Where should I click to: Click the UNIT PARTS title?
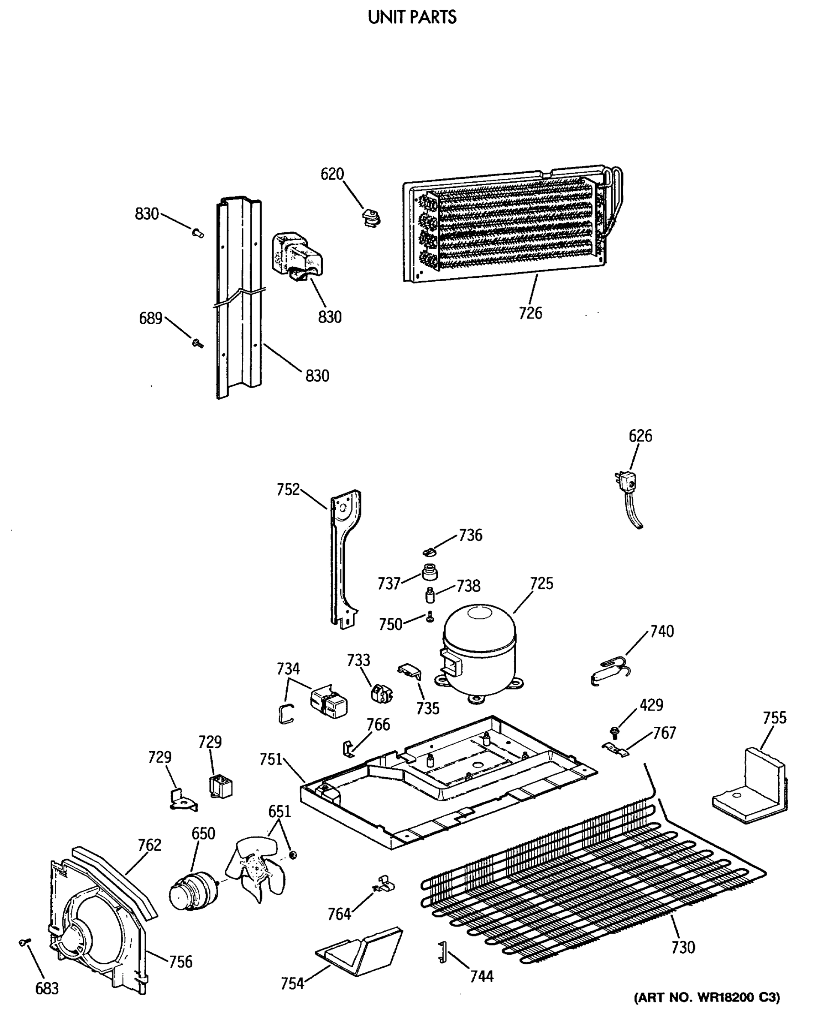point(412,18)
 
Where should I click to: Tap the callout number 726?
point(530,313)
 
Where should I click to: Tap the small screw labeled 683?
point(24,942)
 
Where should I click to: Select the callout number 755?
point(774,717)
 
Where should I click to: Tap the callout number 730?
point(683,947)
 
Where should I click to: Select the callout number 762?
point(149,844)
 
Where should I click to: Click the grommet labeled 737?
point(430,571)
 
